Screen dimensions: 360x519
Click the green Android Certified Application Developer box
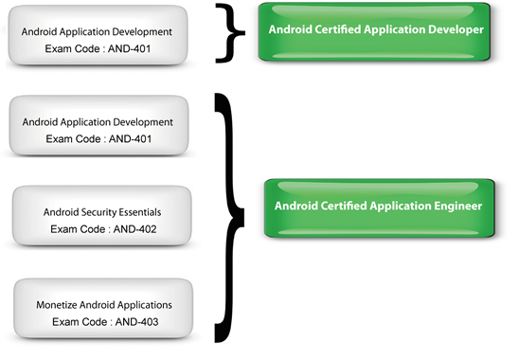(x=377, y=31)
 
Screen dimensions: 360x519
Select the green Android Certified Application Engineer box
(x=377, y=206)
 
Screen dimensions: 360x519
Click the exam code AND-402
(x=134, y=228)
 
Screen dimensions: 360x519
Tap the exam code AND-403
(x=134, y=322)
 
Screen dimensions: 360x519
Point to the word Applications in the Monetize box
(x=142, y=305)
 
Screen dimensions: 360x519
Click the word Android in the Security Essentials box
(x=63, y=212)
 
